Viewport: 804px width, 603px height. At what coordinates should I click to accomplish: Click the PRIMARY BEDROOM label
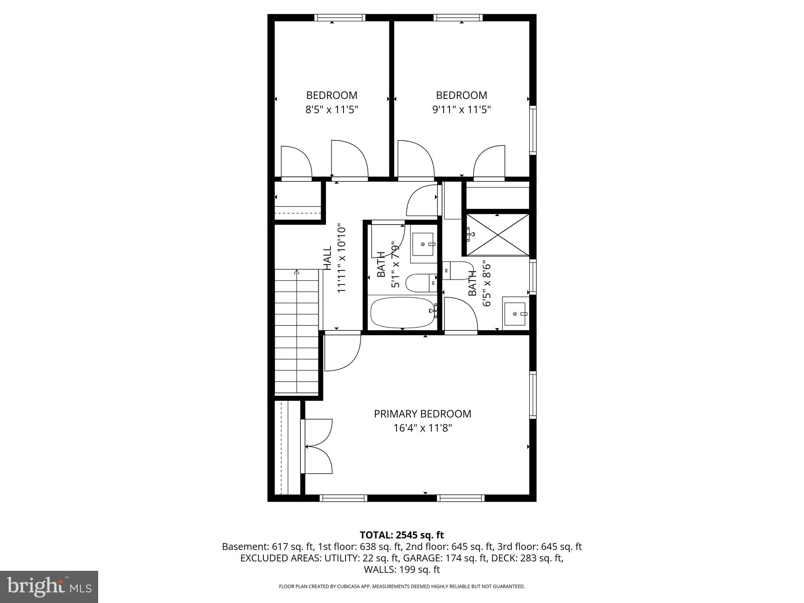422,414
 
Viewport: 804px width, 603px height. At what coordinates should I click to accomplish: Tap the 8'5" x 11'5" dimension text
332,109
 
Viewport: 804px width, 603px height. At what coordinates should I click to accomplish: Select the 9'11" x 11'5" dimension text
462,109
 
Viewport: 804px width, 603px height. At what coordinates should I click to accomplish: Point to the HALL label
327,258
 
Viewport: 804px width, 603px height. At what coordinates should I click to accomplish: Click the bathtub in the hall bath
402,312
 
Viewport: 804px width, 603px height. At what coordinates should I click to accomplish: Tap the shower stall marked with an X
497,235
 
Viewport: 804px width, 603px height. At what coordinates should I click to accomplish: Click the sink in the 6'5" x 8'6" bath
515,314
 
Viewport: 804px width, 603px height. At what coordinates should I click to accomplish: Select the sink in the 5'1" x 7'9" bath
423,244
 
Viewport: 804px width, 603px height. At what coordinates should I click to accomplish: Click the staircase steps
296,332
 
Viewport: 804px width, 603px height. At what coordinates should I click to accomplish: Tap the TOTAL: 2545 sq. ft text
402,535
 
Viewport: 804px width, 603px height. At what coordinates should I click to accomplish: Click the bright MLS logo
49,587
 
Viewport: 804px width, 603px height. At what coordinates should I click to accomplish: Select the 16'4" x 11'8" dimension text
422,428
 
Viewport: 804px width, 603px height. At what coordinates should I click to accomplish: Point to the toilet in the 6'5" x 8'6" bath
458,270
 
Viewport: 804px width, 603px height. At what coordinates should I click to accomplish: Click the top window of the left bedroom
340,18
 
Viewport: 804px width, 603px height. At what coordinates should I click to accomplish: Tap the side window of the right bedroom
533,130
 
